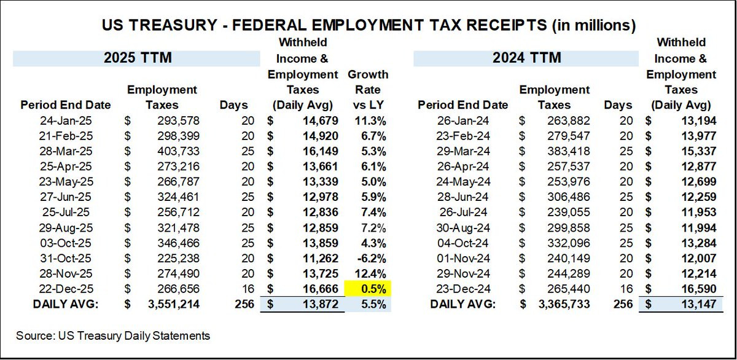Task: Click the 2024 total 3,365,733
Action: click(561, 303)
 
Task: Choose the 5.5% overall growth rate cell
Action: click(368, 303)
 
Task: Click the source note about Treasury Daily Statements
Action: click(113, 336)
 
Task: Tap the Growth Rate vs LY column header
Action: click(368, 89)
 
